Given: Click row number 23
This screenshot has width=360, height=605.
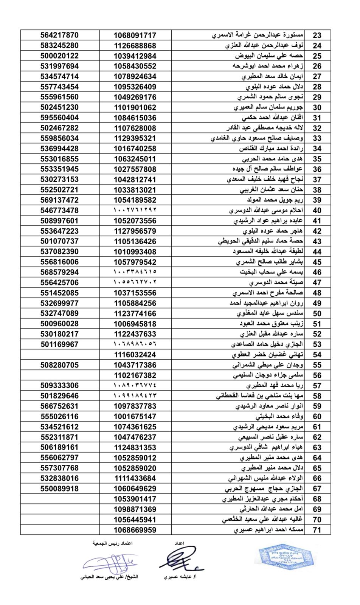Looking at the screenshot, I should [x=317, y=36].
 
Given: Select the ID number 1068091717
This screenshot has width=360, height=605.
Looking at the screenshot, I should [x=135, y=36].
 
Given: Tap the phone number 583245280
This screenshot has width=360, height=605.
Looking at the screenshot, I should [x=60, y=46].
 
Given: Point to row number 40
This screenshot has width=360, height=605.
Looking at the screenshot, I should [x=317, y=211].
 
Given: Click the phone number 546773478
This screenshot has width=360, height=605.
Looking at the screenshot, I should [x=60, y=211].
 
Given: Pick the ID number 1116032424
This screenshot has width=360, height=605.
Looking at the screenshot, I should [x=135, y=355].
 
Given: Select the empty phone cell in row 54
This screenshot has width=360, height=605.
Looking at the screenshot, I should [x=60, y=355].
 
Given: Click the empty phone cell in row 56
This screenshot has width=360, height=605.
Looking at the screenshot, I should [x=60, y=375].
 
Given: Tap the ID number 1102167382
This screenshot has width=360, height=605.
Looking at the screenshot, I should [x=135, y=375].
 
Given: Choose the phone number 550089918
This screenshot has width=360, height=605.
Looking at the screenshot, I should [x=60, y=489].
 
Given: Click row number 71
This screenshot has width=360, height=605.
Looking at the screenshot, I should [x=317, y=530].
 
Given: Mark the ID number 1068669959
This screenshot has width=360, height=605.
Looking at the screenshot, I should [x=135, y=530].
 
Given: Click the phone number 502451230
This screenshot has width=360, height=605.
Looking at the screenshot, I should [x=60, y=107].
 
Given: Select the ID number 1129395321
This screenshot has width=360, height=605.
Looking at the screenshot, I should [x=135, y=138].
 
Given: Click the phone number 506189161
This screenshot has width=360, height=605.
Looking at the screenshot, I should [x=60, y=447].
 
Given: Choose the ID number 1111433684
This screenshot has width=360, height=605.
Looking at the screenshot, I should [x=135, y=478].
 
